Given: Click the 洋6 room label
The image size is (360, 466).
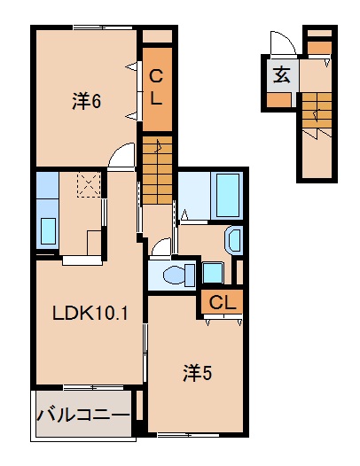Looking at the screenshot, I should (x=86, y=102).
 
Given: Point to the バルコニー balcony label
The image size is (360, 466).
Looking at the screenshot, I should (x=83, y=415).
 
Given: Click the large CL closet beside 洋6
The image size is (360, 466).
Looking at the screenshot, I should (x=156, y=89).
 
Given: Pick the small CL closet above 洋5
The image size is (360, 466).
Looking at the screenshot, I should (x=222, y=303).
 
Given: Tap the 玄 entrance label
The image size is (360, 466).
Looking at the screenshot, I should (x=280, y=74).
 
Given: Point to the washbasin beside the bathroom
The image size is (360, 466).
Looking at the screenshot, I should (x=234, y=240).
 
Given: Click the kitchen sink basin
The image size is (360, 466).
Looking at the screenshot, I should (x=47, y=230).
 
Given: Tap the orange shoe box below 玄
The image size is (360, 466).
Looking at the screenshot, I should (x=278, y=99).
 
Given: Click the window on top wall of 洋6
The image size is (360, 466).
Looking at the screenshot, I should (x=92, y=27).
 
